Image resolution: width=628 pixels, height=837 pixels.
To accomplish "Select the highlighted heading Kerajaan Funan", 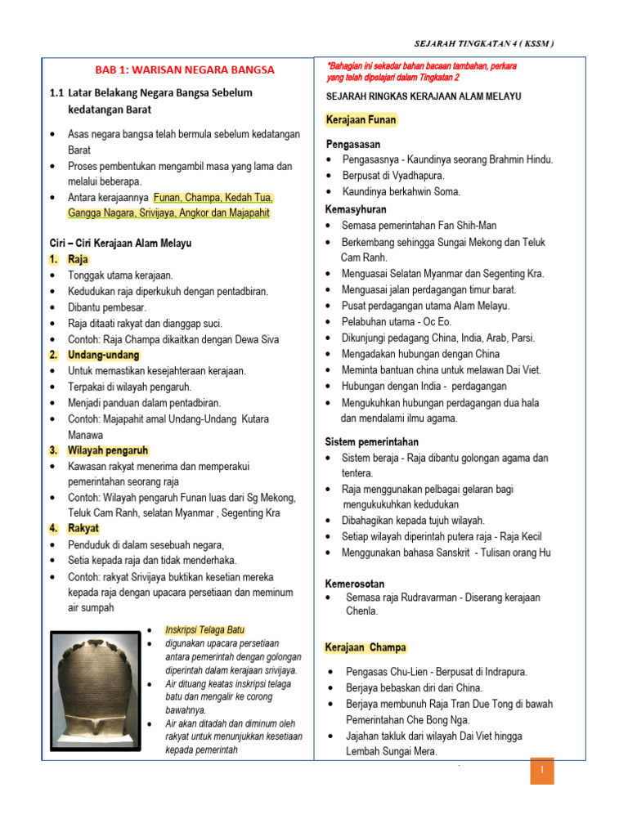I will (x=361, y=120).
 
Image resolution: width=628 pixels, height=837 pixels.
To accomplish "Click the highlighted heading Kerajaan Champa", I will (x=366, y=647).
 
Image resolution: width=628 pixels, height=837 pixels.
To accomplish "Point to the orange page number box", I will (x=541, y=771).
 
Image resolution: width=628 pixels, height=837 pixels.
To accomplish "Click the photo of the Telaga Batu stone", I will (x=96, y=691).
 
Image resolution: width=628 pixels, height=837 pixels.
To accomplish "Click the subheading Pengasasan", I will (x=354, y=143).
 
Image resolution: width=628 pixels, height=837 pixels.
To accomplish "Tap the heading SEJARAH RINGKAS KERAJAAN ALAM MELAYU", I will (x=423, y=96).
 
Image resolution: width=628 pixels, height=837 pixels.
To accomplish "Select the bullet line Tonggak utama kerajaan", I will (x=120, y=275).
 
